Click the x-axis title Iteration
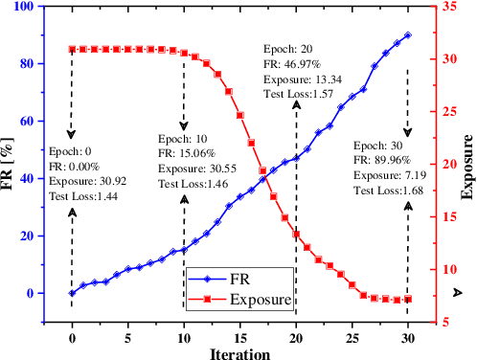239,351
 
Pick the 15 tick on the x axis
240,335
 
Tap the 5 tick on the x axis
127,335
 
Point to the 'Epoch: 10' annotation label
181,137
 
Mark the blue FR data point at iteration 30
409,35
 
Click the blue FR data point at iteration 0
72,293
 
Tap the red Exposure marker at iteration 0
72,49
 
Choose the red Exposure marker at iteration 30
409,299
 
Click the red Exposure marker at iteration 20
297,235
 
